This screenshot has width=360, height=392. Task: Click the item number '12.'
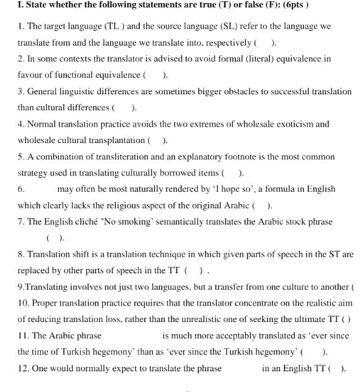click(x=24, y=368)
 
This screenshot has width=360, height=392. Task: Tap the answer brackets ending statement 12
click(x=337, y=368)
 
